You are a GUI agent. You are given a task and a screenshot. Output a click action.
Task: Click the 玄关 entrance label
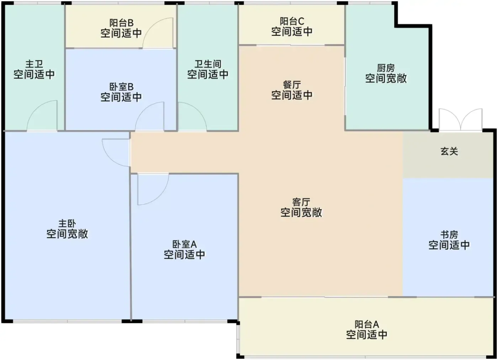[x=449, y=151]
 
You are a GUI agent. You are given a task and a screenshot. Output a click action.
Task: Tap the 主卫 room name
[x=34, y=64]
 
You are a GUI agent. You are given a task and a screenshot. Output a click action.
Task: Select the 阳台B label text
[x=121, y=23]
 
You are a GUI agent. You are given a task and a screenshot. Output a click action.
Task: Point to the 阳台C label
[x=292, y=22]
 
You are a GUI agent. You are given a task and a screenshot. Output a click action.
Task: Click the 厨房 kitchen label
[x=386, y=68]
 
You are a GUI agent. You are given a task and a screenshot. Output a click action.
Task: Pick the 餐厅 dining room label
[x=292, y=85]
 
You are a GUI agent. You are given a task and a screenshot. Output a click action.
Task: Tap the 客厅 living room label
[x=301, y=202]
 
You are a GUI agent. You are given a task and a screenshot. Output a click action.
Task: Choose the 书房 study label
[x=449, y=235]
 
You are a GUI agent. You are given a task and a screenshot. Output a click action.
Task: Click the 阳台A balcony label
[x=367, y=324]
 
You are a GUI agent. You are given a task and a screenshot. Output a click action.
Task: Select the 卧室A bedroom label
[x=185, y=244]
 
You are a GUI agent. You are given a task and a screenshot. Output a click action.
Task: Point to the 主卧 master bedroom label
[x=67, y=224]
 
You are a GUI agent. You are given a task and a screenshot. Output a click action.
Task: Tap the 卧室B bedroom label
[x=121, y=87]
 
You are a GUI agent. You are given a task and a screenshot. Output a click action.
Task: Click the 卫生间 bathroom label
[x=208, y=64]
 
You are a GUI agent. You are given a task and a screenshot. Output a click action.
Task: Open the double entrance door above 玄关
[x=461, y=119]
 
